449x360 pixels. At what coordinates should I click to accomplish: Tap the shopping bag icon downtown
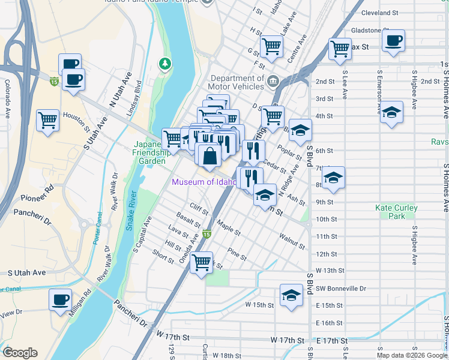click(x=208, y=157)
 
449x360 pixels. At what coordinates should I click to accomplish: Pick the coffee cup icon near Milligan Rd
click(x=60, y=299)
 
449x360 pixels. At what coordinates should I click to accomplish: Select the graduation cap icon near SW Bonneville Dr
click(x=291, y=295)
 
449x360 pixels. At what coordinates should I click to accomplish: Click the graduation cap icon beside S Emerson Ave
click(x=391, y=112)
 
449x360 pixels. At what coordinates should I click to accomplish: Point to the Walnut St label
click(x=292, y=242)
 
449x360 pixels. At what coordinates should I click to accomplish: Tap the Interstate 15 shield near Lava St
click(x=206, y=233)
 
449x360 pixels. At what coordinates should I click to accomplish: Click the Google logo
click(x=20, y=353)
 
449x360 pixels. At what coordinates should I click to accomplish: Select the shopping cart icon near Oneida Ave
click(x=202, y=262)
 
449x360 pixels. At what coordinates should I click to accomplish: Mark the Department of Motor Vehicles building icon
click(x=273, y=80)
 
